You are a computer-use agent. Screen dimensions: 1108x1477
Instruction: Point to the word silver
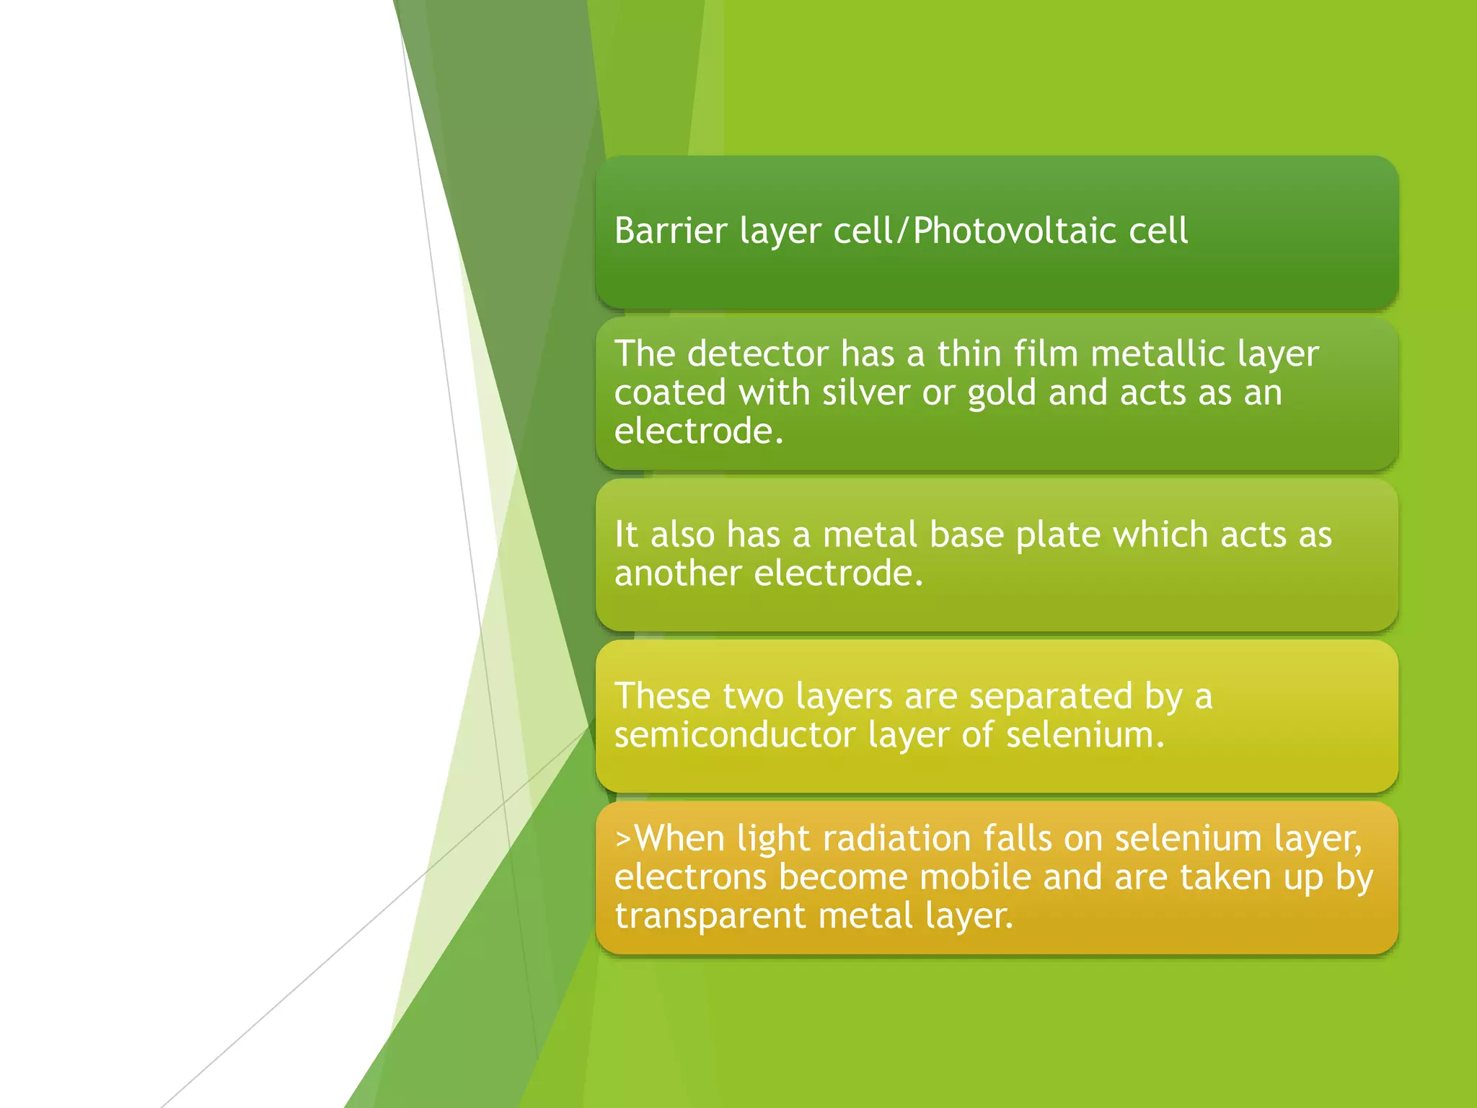865,392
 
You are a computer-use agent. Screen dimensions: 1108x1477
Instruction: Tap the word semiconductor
734,735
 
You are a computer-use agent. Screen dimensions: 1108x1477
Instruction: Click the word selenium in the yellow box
1084,735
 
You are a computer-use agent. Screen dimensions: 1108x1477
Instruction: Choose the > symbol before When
623,839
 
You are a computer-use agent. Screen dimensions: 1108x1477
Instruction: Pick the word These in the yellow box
662,696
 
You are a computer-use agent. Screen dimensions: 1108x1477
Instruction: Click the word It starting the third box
625,535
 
